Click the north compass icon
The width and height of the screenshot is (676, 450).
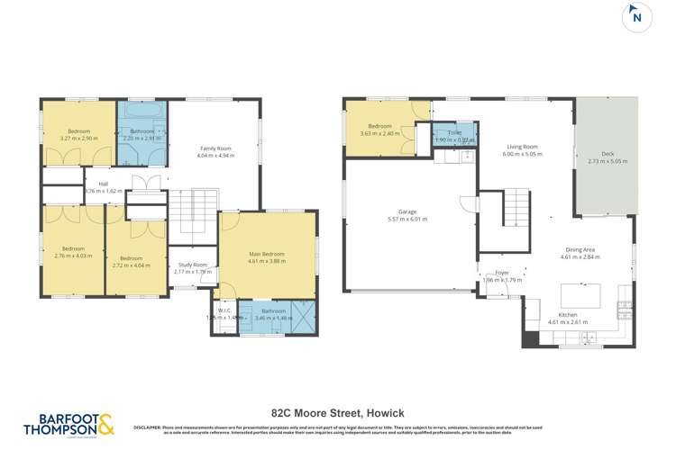pos(637,18)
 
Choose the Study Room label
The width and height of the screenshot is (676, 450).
pos(192,268)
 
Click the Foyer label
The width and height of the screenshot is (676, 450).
pos(502,275)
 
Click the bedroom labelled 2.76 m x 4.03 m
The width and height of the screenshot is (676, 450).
pos(73,252)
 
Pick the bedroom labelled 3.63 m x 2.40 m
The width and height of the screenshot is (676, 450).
pos(379,130)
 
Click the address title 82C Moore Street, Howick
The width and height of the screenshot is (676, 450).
pos(337,413)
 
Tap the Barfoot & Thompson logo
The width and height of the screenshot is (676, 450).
pos(69,426)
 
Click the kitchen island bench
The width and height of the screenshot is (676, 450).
pos(580,295)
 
